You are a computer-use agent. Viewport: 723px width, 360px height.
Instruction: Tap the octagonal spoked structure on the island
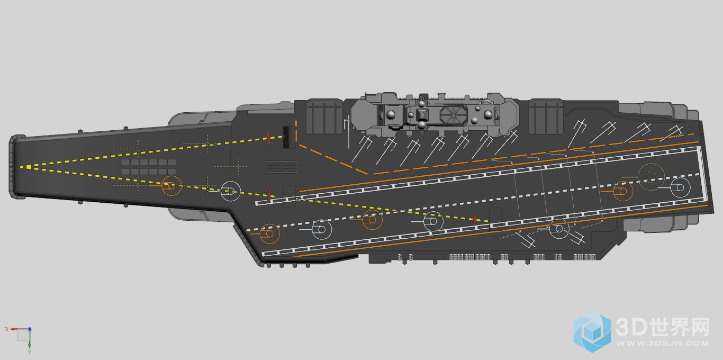tap(453, 115)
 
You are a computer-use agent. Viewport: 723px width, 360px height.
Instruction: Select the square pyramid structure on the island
tap(422, 115)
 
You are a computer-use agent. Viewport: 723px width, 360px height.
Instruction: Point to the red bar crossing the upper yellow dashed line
tap(268, 138)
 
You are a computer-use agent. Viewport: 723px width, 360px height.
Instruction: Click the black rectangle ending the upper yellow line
tap(286, 137)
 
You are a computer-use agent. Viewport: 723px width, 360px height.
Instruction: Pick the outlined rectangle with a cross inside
tap(282, 167)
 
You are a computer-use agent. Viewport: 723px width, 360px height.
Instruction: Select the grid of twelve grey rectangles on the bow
tap(149, 167)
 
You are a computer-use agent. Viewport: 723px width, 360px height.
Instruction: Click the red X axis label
tap(6, 329)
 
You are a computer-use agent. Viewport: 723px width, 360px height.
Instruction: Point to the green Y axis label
tap(29, 352)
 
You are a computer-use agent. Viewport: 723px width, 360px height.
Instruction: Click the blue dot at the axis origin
tap(30, 329)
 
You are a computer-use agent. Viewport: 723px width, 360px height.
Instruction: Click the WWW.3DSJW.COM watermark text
tap(662, 343)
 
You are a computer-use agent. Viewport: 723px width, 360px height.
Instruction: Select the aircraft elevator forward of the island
tap(324, 117)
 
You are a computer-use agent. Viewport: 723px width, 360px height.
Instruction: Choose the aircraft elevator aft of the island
tap(546, 117)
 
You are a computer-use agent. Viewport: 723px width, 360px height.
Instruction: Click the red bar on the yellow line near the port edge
tap(475, 219)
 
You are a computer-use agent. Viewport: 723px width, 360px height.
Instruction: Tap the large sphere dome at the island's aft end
tap(487, 115)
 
